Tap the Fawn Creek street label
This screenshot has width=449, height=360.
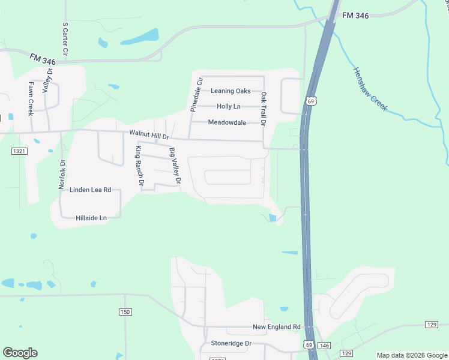pos(30,99)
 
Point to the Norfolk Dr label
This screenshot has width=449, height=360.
pos(61,175)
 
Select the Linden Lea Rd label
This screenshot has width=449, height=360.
pos(91,190)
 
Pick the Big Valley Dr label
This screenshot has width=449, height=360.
pos(175,166)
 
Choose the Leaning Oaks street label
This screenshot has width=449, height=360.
pos(231,91)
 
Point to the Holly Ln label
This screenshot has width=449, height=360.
pos(228,106)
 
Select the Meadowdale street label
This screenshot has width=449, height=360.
pos(228,122)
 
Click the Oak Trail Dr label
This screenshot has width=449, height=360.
pos(263,109)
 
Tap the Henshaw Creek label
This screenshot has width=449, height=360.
pos(370,89)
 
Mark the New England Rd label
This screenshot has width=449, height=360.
pos(276,327)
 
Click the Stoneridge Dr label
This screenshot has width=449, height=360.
pos(231,343)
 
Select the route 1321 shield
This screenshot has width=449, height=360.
pos(19,152)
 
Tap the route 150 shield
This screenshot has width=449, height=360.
pos(125,312)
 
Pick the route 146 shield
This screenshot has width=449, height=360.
pos(325,345)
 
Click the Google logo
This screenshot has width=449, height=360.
pos(20,353)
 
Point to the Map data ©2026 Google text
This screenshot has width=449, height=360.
pos(412,355)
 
